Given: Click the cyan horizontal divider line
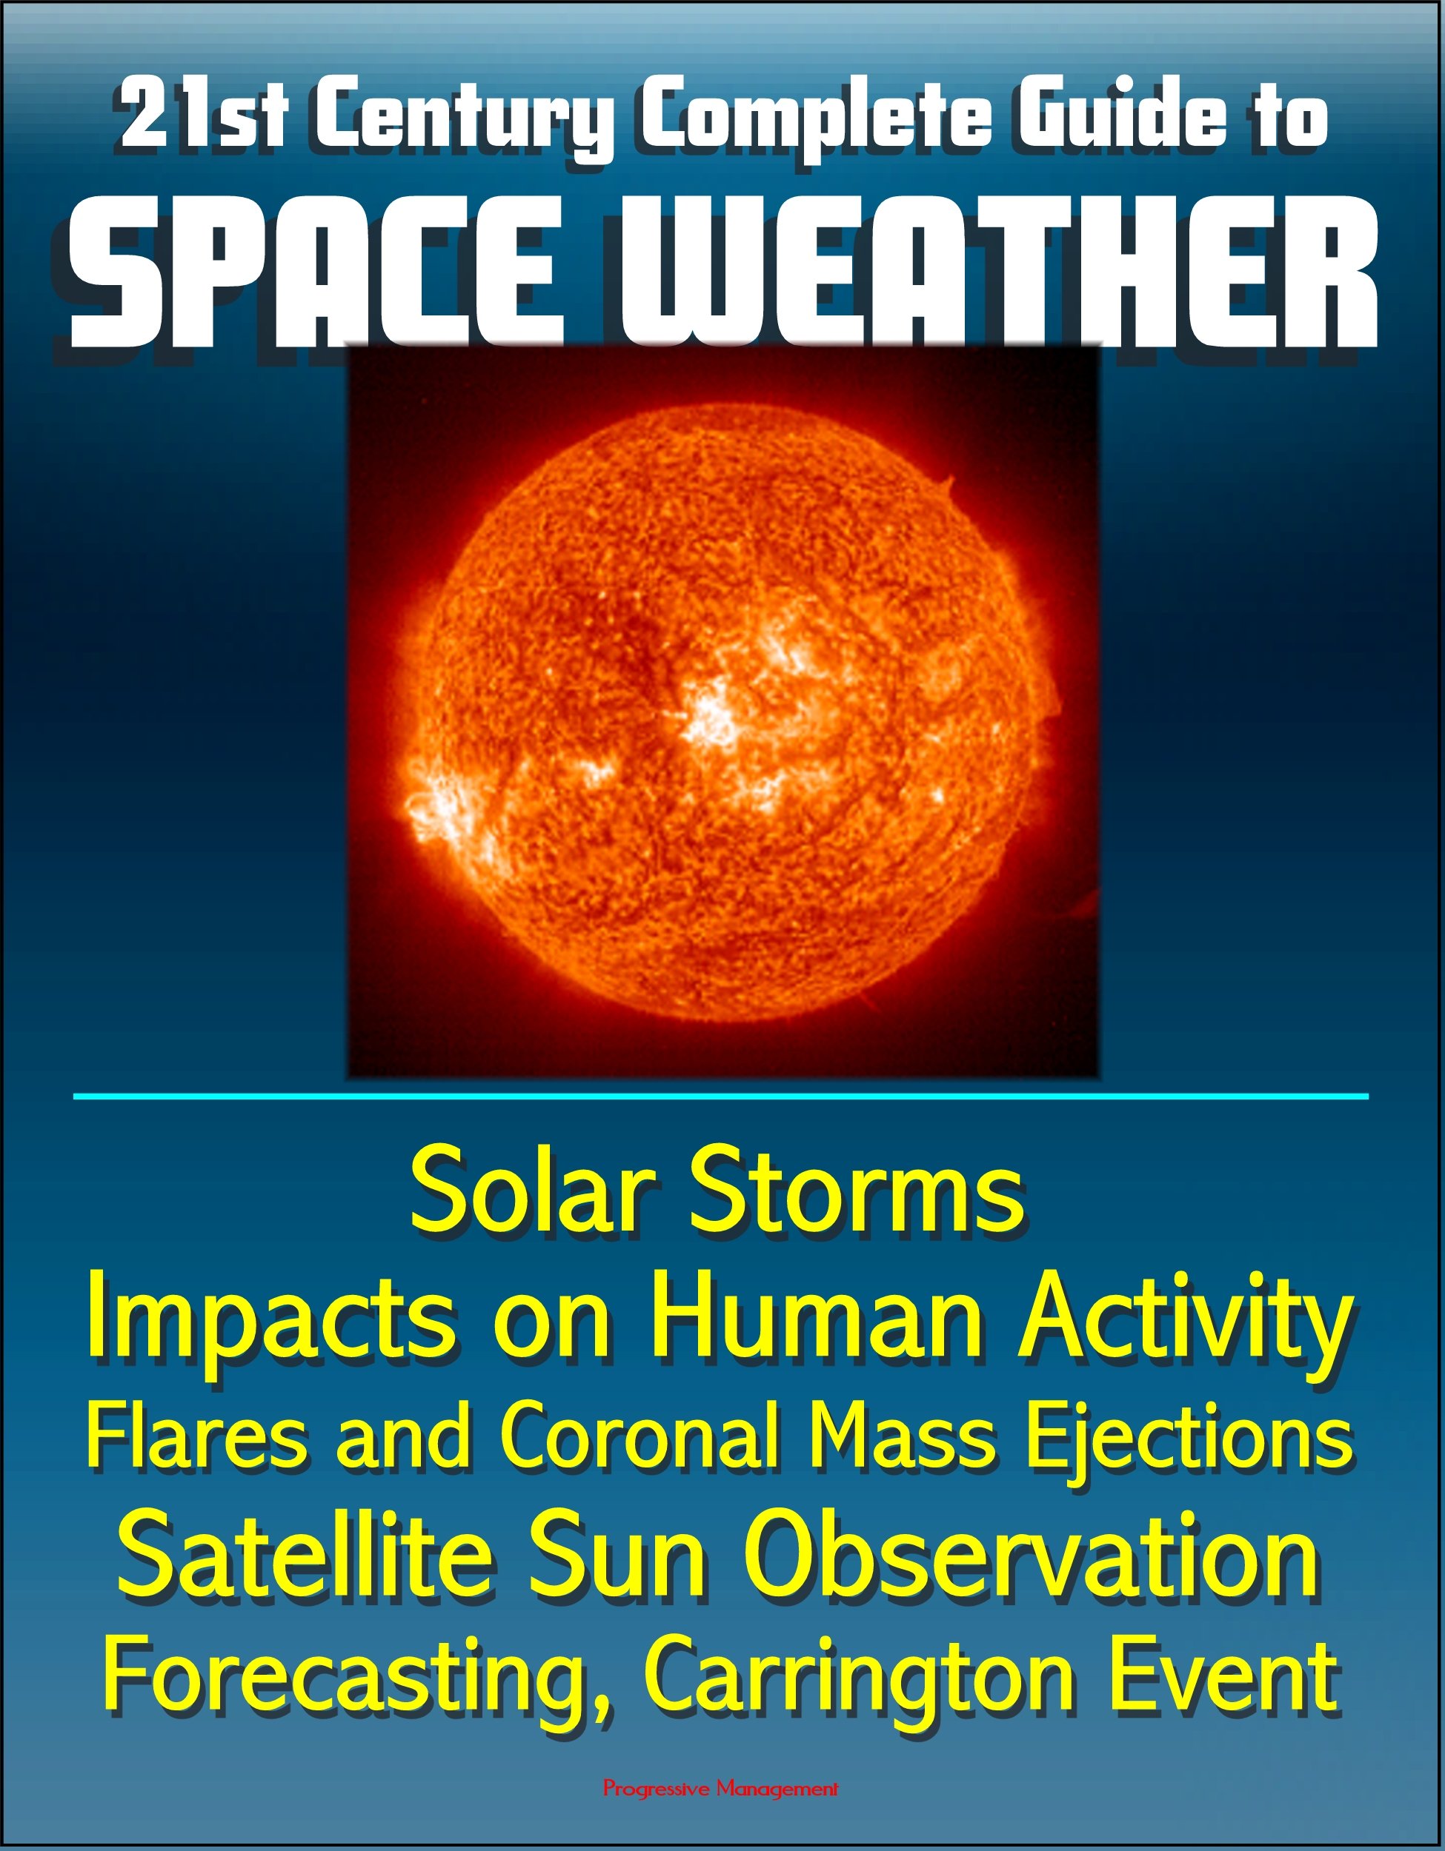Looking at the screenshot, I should point(722,1097).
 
